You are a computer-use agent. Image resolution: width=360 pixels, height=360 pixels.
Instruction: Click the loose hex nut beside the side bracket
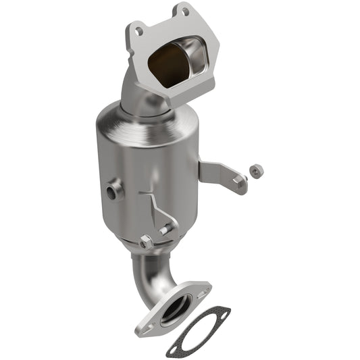256,172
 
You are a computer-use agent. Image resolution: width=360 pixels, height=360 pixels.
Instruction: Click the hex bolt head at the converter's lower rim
147,241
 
